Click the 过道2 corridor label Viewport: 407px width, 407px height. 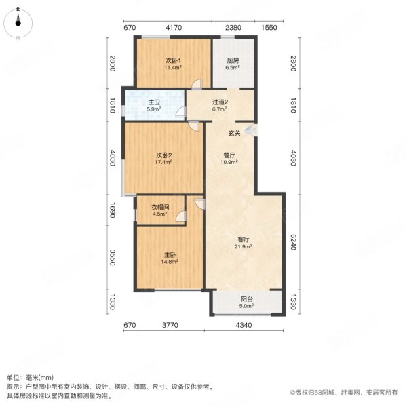click(x=218, y=102)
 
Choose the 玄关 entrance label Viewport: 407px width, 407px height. click(x=234, y=132)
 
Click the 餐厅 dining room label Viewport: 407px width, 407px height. click(x=229, y=155)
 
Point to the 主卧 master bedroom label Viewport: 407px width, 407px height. click(x=170, y=254)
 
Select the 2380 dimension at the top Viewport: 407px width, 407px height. click(x=233, y=28)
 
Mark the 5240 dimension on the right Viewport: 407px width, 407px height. click(x=294, y=244)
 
